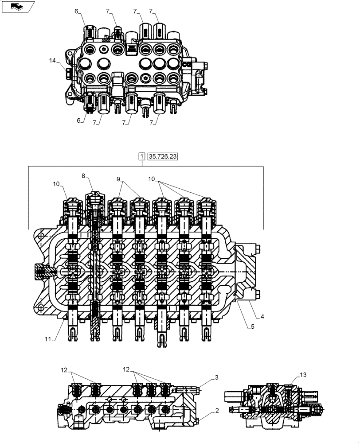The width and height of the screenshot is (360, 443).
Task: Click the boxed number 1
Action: pyautogui.click(x=141, y=156)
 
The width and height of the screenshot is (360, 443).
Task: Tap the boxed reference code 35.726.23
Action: pyautogui.click(x=163, y=156)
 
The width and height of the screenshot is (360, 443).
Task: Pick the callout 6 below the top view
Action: pyautogui.click(x=79, y=120)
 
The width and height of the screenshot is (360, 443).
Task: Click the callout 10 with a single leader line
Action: pyautogui.click(x=57, y=183)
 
